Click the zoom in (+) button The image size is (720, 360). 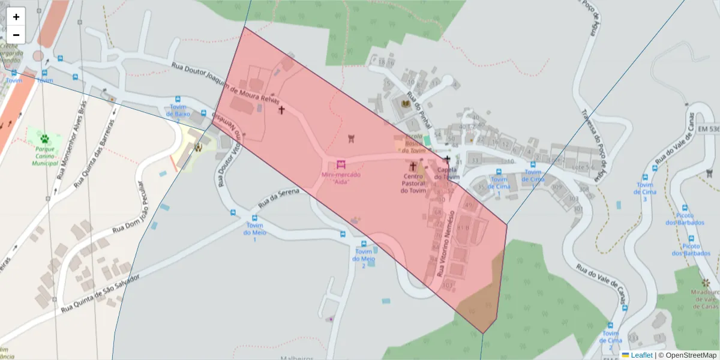[16, 17]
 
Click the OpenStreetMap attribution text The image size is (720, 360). [689, 355]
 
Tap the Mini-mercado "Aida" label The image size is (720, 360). [340, 178]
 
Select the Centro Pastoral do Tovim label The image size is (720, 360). [413, 184]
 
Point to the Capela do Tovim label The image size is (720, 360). [446, 173]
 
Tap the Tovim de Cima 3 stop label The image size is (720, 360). [645, 192]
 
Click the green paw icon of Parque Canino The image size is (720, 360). [44, 139]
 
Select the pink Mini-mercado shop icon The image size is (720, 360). [341, 164]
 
